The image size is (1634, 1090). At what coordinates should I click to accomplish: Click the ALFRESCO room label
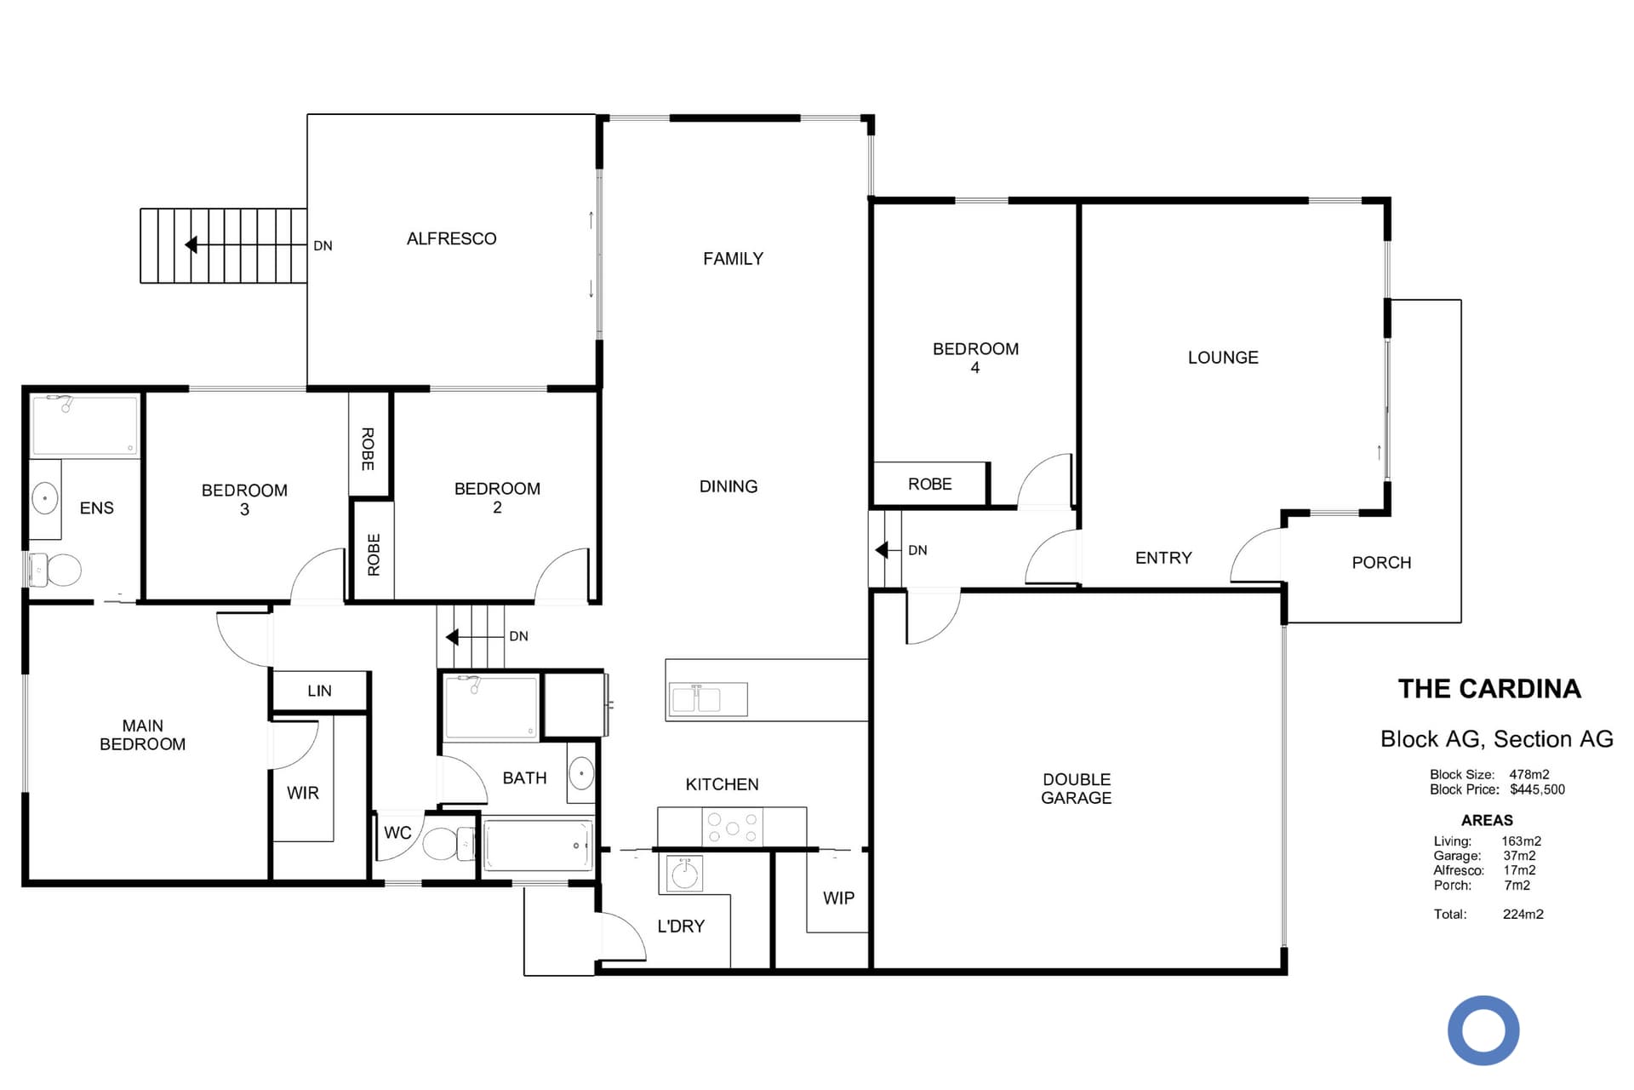[x=451, y=239]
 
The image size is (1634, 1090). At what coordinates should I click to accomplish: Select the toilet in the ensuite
[x=55, y=570]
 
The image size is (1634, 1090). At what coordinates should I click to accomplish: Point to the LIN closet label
[x=319, y=691]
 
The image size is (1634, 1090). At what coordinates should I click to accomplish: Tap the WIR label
[x=303, y=793]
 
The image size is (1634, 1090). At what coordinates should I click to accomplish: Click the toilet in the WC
[x=448, y=843]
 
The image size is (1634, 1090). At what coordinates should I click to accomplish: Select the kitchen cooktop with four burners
[x=732, y=827]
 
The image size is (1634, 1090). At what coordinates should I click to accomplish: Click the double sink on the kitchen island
[x=707, y=699]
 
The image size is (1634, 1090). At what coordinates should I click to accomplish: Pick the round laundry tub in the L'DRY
[x=684, y=874]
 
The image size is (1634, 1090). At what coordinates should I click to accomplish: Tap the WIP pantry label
[x=838, y=898]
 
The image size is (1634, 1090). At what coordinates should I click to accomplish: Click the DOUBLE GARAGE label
[x=1077, y=789]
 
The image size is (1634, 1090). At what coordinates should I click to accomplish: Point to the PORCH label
[x=1381, y=563]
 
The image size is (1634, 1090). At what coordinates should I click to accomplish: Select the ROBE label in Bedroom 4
[x=929, y=485]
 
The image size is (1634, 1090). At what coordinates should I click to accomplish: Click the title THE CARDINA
[x=1489, y=689]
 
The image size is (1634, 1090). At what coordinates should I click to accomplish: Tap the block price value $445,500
[x=1537, y=790]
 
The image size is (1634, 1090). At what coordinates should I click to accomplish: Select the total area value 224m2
[x=1523, y=915]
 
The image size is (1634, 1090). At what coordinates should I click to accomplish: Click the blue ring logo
[x=1483, y=1030]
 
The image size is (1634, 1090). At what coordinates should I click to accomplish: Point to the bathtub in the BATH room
[x=537, y=845]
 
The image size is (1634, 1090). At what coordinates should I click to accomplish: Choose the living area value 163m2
[x=1521, y=841]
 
